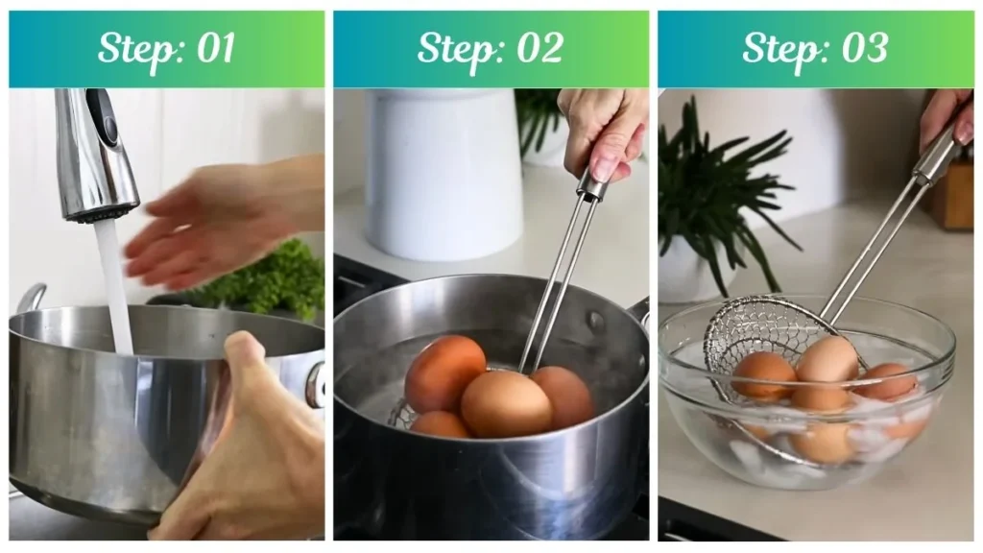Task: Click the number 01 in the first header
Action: (x=214, y=47)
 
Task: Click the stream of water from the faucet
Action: (x=115, y=278)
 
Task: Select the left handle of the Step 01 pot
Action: (x=30, y=298)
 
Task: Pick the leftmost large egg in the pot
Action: (x=444, y=373)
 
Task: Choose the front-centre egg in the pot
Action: (x=506, y=403)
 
